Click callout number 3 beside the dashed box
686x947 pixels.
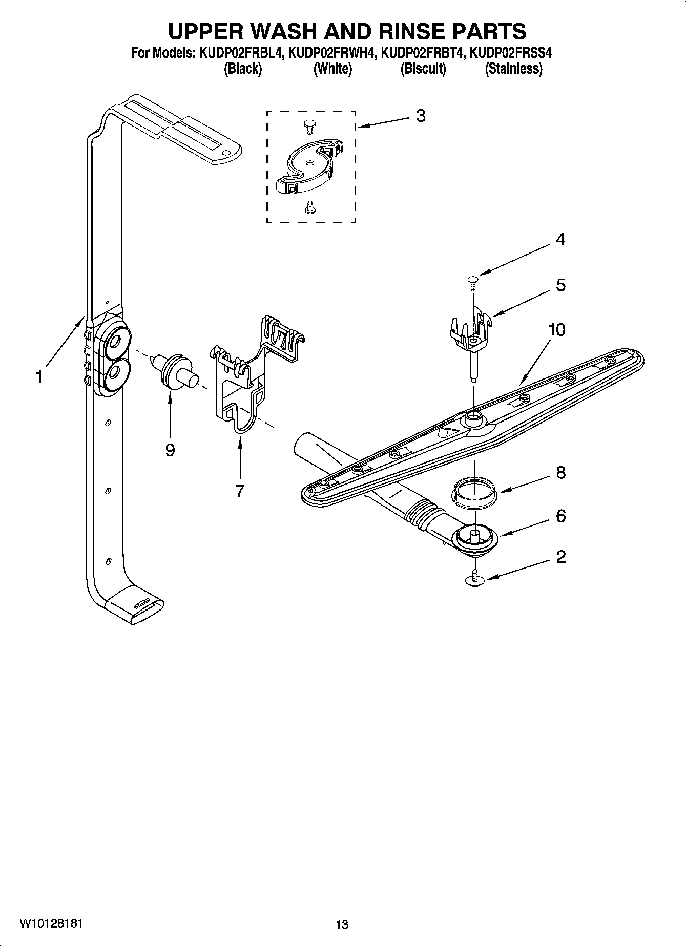(420, 116)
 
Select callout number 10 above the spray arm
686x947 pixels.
(556, 329)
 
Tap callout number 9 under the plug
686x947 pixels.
(170, 450)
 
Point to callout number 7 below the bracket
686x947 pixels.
(240, 490)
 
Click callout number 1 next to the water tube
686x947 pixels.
(39, 377)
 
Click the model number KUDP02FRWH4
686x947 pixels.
(330, 53)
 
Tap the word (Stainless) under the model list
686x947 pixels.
(513, 69)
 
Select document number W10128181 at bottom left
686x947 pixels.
(50, 923)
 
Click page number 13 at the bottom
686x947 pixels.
(342, 924)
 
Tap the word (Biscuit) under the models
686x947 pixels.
(423, 69)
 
